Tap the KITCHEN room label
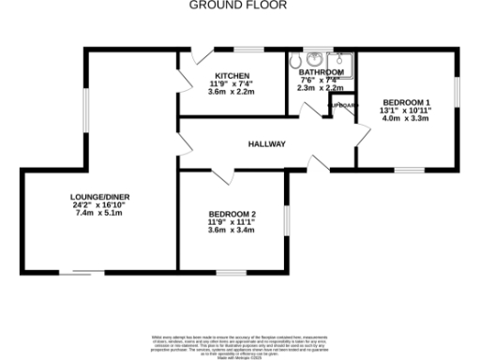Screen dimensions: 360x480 pyautogui.click(x=232, y=76)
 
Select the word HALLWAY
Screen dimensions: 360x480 pyautogui.click(x=266, y=143)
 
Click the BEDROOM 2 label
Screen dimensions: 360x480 pyautogui.click(x=232, y=214)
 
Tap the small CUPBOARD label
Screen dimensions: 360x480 pyautogui.click(x=344, y=105)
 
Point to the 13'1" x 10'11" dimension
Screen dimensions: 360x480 pyautogui.click(x=405, y=110)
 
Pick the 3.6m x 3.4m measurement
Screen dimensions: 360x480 pyautogui.click(x=232, y=230)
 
